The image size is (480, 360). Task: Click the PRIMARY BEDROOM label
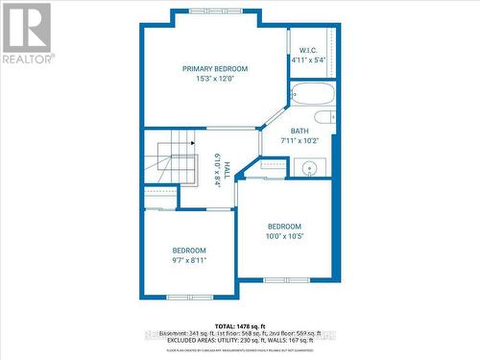pyautogui.click(x=216, y=68)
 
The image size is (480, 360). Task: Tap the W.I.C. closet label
pyautogui.click(x=308, y=50)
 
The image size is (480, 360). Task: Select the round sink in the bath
pyautogui.click(x=310, y=169)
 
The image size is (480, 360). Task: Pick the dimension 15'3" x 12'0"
pyautogui.click(x=216, y=79)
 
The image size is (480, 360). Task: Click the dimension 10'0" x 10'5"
pyautogui.click(x=284, y=236)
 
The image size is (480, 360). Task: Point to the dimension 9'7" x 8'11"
pyautogui.click(x=189, y=260)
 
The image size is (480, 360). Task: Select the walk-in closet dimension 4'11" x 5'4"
pyautogui.click(x=308, y=60)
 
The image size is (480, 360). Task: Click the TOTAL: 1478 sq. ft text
pyautogui.click(x=240, y=325)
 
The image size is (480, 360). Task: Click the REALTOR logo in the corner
pyautogui.click(x=27, y=33)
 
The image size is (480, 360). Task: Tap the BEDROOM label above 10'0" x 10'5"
pyautogui.click(x=284, y=227)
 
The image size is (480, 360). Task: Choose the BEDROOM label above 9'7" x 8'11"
pyautogui.click(x=189, y=251)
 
